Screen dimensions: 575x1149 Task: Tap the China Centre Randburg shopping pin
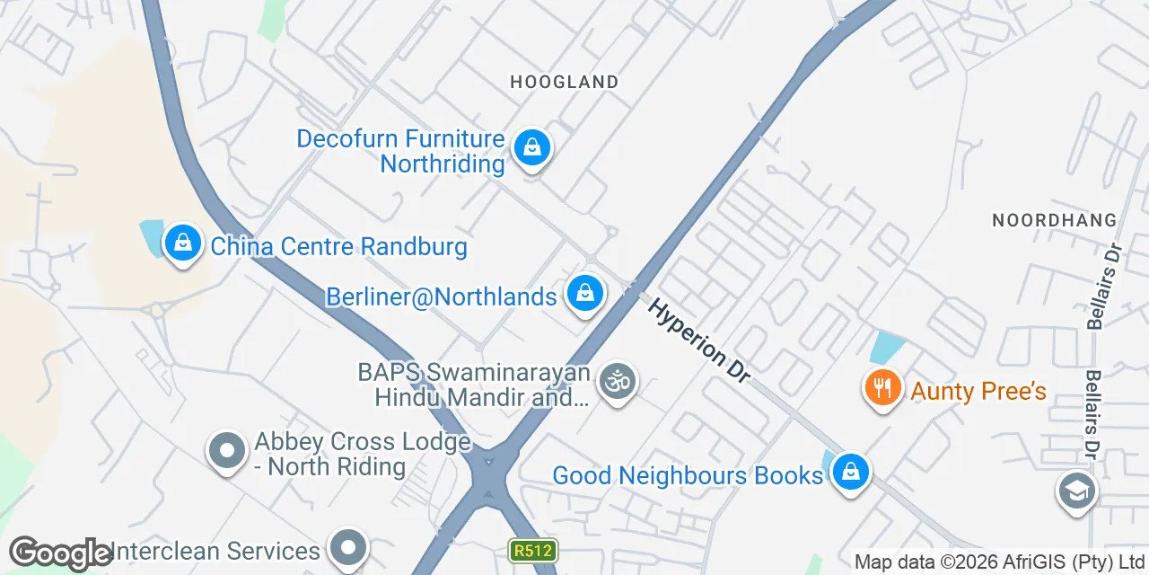coord(183,243)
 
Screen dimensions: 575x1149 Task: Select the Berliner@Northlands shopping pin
coord(585,294)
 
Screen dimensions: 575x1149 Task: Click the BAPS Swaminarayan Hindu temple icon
coord(617,382)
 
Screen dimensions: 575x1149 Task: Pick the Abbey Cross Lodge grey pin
coord(227,451)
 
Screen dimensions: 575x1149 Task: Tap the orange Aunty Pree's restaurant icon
coord(883,388)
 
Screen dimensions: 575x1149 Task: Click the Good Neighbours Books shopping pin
coord(849,472)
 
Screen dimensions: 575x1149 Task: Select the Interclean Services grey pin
coord(348,546)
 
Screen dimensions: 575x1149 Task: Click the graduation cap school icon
coord(1076,491)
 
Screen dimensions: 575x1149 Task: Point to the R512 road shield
coord(533,550)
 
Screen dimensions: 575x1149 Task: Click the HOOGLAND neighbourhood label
coord(564,82)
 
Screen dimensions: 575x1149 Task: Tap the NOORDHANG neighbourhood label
coord(1054,220)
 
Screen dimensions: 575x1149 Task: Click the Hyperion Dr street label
coord(700,341)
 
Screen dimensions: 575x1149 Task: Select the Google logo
coord(60,553)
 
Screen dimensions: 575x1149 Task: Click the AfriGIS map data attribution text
coord(998,562)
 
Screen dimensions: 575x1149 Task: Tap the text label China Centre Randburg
coord(338,246)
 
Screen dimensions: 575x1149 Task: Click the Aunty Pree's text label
coord(978,391)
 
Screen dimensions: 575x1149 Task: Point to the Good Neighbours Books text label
coord(688,475)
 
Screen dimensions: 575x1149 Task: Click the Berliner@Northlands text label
coord(441,296)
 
